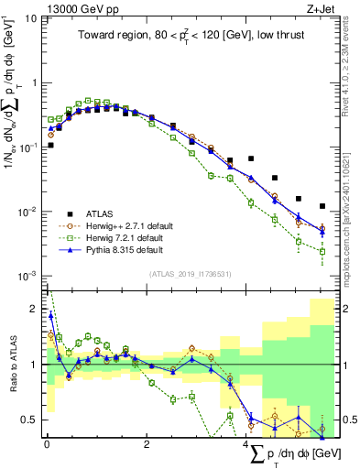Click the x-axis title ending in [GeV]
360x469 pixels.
coord(284,454)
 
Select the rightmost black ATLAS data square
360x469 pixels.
coord(322,206)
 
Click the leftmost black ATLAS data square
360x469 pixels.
coord(50,145)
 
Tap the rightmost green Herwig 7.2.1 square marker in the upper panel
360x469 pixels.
coord(322,251)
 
